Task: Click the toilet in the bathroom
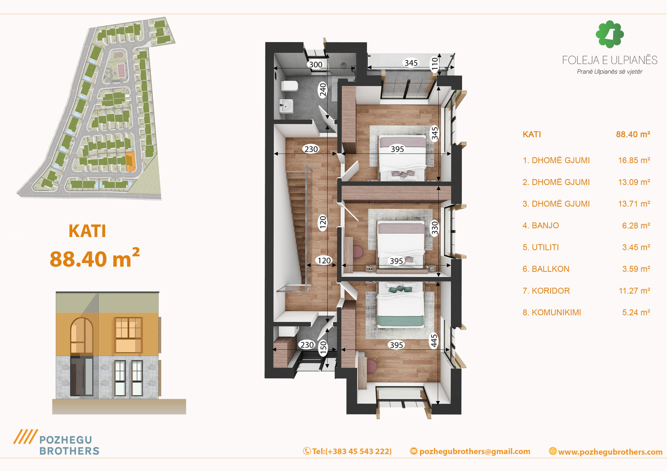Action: pyautogui.click(x=289, y=86)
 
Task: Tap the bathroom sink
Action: pyautogui.click(x=286, y=106)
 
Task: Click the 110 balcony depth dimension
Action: pyautogui.click(x=434, y=64)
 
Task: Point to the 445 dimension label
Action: pyautogui.click(x=434, y=341)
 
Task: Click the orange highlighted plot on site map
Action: pyautogui.click(x=130, y=162)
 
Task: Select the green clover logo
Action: pyautogui.click(x=609, y=34)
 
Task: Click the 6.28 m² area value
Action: pyautogui.click(x=636, y=226)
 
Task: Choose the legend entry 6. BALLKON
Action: pyautogui.click(x=546, y=269)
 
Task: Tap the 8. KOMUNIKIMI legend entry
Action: pyautogui.click(x=552, y=312)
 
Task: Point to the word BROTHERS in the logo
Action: pyautogui.click(x=69, y=451)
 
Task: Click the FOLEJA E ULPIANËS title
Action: pyautogui.click(x=609, y=60)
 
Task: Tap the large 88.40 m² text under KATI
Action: pyautogui.click(x=95, y=258)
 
